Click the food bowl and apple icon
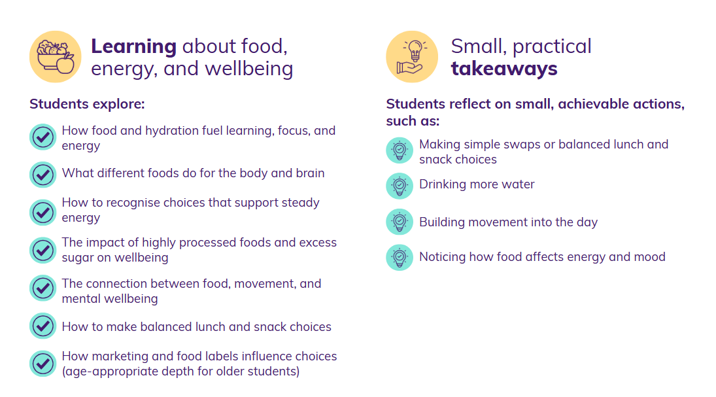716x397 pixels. point(55,57)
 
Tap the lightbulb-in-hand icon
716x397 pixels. point(412,57)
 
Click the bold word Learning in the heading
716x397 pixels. point(134,46)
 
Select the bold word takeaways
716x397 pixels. point(504,69)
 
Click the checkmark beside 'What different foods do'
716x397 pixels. point(43,175)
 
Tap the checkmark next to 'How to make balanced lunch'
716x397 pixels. point(43,326)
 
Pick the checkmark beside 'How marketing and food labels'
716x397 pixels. point(43,364)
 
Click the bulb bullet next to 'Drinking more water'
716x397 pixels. point(400,186)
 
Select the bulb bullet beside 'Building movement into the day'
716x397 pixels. point(400,222)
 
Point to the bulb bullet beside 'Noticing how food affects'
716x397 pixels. point(400,257)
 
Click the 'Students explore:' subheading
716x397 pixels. point(87,104)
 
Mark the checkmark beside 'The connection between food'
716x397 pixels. point(43,288)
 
